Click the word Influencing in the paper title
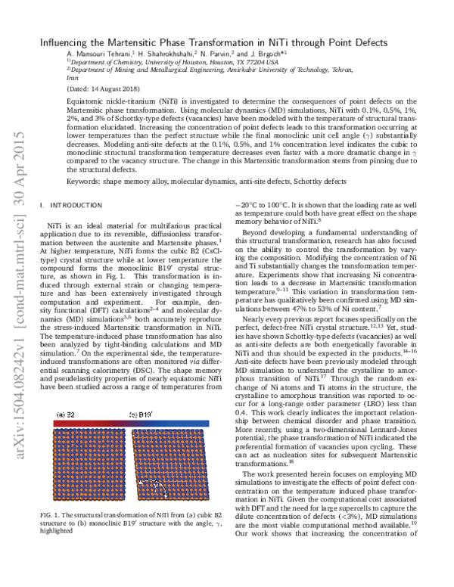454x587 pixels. [x=67, y=42]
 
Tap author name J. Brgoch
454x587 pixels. [x=266, y=55]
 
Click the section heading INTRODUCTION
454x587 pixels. [x=73, y=204]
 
